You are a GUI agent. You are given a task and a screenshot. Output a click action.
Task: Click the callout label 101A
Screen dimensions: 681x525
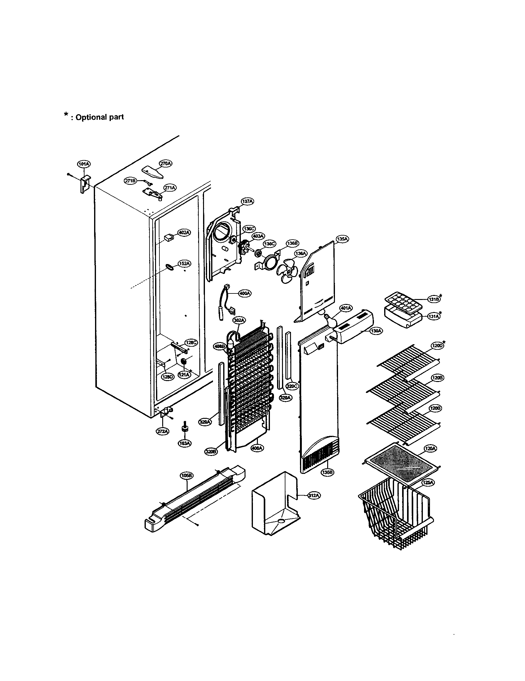tap(84, 164)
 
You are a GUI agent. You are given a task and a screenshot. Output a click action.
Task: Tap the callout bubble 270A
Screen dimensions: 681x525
tap(166, 163)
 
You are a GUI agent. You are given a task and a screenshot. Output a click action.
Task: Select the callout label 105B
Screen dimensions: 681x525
tap(187, 475)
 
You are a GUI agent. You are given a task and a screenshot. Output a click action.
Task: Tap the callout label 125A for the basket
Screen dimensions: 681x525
tap(428, 483)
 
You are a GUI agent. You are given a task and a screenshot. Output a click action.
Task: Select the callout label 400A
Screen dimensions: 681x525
tap(245, 293)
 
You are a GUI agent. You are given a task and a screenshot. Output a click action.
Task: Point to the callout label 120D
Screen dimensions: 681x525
tap(437, 345)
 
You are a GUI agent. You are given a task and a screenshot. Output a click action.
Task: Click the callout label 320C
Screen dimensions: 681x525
tap(293, 386)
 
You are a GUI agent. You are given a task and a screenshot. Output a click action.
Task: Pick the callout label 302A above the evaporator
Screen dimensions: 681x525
tap(239, 320)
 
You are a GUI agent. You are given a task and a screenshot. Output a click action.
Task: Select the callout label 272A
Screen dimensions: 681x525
tap(163, 431)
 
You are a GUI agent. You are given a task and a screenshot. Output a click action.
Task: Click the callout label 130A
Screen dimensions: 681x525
tap(376, 332)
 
